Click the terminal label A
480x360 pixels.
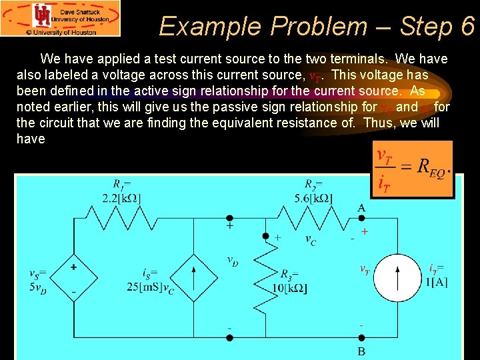pos(361,208)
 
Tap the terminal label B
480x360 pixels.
pos(361,351)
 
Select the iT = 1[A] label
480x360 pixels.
pos(437,273)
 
